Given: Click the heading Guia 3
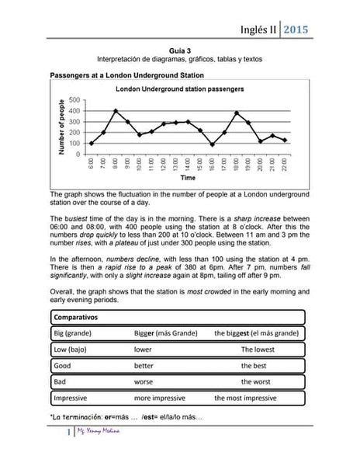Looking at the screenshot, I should [x=180, y=48].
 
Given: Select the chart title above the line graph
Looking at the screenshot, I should [x=179, y=89].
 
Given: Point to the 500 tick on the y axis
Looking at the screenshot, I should [x=74, y=100].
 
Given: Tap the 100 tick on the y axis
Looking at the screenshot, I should [x=74, y=143].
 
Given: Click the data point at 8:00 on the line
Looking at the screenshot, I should [x=116, y=110].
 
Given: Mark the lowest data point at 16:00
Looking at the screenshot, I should [x=213, y=144].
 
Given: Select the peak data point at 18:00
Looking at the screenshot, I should [x=237, y=113].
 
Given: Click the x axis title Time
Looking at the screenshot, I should [x=187, y=178].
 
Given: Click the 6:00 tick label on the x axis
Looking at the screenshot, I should [x=92, y=165].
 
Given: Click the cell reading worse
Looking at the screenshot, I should [x=144, y=381].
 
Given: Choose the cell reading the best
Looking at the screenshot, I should [x=254, y=365].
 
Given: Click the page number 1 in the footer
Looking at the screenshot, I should [x=70, y=453].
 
